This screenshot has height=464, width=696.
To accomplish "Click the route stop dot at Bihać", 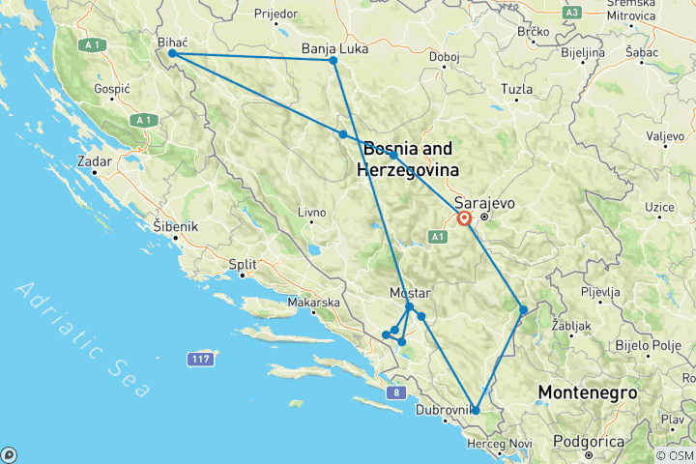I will (172, 54).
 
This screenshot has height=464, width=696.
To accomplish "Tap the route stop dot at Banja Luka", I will (333, 61).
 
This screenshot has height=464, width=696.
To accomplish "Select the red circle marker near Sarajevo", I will (464, 218).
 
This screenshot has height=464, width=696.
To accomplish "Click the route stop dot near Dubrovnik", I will (476, 410).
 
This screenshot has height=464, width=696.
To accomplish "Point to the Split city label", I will (242, 263).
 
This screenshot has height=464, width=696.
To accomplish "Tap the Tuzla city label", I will (516, 90).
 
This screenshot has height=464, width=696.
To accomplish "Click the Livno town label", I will (312, 211).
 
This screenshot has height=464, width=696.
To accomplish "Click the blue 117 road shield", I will (200, 360).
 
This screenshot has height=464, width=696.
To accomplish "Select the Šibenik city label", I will (175, 226).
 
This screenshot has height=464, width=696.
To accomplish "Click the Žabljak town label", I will (568, 326).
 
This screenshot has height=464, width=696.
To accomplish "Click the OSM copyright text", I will (674, 455).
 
